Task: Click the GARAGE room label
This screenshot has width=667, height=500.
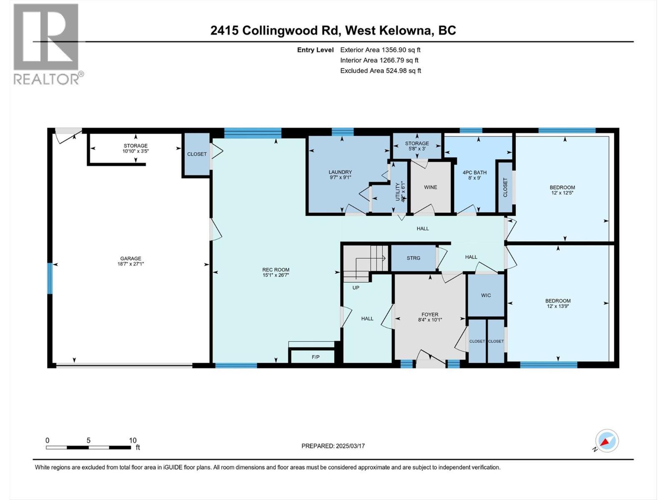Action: [131, 258]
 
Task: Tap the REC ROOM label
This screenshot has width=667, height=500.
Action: [276, 270]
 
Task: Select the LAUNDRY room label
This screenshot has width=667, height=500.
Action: [340, 172]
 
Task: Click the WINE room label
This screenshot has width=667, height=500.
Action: [430, 187]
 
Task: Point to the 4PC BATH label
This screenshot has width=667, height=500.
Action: [474, 172]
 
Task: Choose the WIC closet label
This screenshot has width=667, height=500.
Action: [486, 295]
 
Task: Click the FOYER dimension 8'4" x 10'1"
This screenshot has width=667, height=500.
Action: [430, 320]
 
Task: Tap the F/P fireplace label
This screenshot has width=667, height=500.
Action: [316, 357]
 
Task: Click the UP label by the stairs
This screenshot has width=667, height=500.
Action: [356, 287]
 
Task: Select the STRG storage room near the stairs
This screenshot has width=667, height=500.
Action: [413, 258]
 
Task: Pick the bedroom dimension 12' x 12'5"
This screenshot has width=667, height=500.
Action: [562, 193]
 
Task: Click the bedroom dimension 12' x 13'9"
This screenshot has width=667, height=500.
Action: [558, 306]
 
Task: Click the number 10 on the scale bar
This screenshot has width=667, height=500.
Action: [133, 440]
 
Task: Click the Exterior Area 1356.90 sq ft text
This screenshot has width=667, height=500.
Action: [380, 50]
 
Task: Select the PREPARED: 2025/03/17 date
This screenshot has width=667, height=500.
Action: [333, 446]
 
